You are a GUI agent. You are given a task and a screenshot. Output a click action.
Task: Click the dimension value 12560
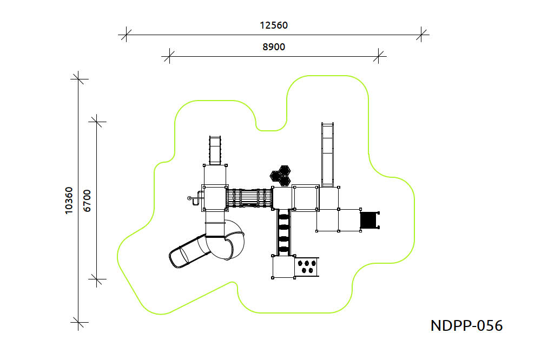[274, 25]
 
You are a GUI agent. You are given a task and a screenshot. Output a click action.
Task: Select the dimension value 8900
[274, 47]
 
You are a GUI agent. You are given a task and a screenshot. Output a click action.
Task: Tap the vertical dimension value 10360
[69, 201]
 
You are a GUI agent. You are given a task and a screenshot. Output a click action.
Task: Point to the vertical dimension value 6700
[87, 201]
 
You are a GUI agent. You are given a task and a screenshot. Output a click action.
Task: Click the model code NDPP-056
[466, 325]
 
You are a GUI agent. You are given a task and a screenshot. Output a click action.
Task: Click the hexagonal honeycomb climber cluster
[280, 176]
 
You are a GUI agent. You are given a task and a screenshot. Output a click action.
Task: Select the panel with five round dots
[307, 266]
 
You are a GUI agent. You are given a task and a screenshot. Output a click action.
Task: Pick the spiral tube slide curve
[226, 239]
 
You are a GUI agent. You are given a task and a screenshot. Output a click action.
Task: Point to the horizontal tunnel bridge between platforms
[249, 198]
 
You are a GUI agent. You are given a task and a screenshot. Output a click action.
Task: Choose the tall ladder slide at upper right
[327, 155]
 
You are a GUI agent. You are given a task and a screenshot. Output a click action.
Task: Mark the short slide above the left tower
[215, 150]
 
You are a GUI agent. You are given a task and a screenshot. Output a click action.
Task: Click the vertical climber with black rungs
[283, 232]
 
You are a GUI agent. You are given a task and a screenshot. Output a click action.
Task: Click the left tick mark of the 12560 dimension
[126, 35]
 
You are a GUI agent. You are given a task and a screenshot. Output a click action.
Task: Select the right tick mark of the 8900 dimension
[379, 56]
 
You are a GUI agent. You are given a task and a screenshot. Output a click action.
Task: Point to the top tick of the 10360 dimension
[78, 79]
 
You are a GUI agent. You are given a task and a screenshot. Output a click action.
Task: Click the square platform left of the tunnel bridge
[215, 198]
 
